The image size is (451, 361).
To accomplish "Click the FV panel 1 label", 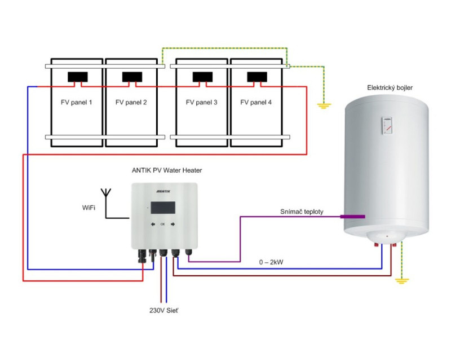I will [76, 103].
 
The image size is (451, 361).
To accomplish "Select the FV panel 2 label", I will [131, 103].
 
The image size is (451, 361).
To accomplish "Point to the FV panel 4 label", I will [256, 103].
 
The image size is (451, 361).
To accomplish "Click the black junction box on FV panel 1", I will [77, 77].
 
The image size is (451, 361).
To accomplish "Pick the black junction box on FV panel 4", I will [257, 77].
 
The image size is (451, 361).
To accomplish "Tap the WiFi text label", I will [89, 208].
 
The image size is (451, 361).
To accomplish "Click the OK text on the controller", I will [162, 224].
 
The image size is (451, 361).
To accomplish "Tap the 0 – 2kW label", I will [271, 261].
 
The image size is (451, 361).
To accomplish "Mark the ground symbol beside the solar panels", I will [324, 105].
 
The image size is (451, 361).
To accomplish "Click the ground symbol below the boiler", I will [401, 280].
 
